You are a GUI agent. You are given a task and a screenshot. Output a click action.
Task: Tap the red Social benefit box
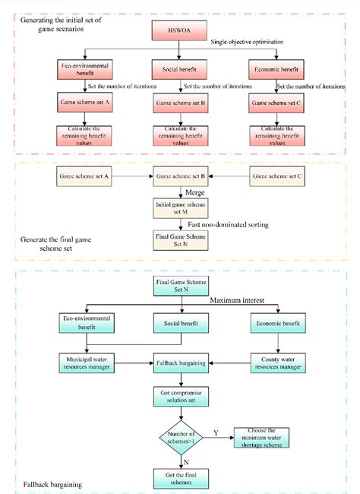tap(179, 70)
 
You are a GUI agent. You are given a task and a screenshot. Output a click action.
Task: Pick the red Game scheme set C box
tap(275, 100)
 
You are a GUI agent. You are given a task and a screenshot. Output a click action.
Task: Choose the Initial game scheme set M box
tap(179, 207)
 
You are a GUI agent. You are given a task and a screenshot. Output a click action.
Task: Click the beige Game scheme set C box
tap(275, 176)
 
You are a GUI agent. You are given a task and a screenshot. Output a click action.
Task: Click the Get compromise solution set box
tap(179, 396)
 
